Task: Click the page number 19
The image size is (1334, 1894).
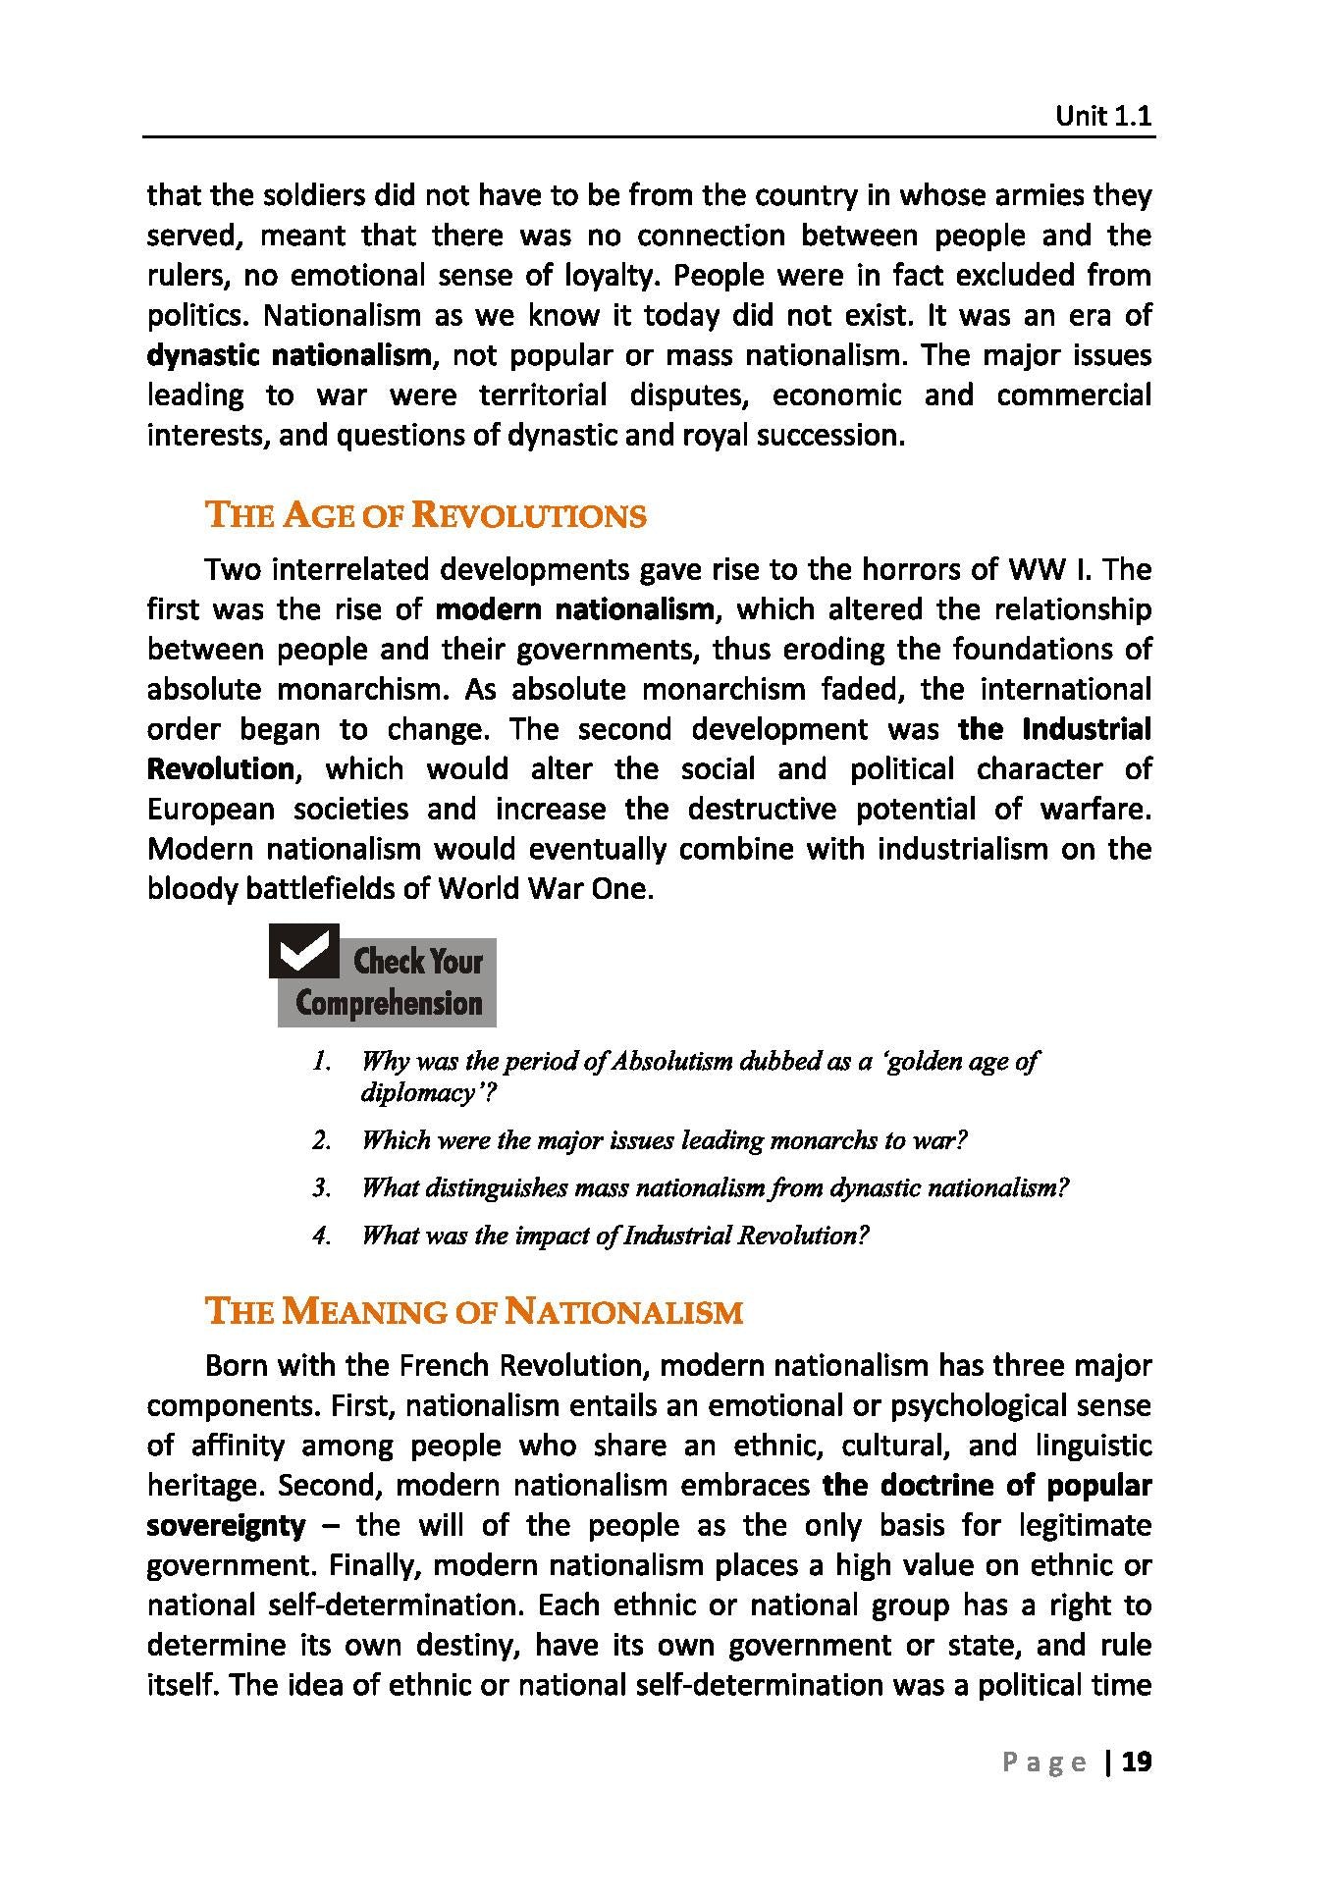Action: pos(1136,1762)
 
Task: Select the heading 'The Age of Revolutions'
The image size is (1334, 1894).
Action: pos(425,515)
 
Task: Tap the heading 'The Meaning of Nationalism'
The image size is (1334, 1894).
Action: pos(473,1312)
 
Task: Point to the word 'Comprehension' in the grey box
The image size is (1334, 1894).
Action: pos(389,1004)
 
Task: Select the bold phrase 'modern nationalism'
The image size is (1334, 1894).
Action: pos(575,609)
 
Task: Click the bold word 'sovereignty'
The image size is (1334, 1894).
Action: pos(226,1525)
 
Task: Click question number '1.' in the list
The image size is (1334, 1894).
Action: pos(320,1061)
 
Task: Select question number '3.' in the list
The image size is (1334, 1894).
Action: pos(322,1188)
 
